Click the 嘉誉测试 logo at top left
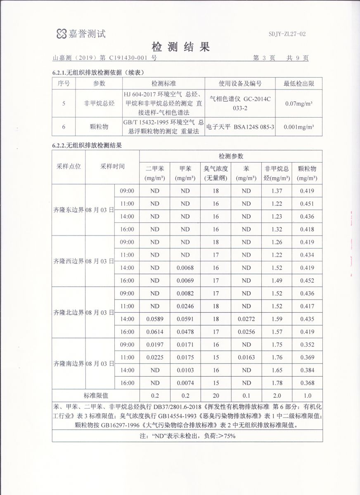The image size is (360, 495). click(x=81, y=33)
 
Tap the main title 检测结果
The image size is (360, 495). click(x=181, y=47)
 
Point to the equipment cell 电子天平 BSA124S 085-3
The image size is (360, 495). click(x=240, y=127)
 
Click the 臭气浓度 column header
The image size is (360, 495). click(x=216, y=173)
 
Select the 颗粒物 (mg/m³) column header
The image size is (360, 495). click(x=306, y=173)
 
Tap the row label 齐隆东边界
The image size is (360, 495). click(x=69, y=210)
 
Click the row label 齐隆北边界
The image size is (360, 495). click(x=69, y=312)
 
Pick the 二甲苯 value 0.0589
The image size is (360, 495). click(x=154, y=319)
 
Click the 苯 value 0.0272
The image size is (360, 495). click(x=246, y=319)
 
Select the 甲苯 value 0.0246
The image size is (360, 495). click(x=185, y=306)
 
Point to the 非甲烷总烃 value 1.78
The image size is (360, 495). click(x=277, y=383)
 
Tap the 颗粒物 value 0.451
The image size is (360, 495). click(x=307, y=203)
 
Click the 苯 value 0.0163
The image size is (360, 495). click(x=246, y=357)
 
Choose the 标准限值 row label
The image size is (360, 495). click(x=96, y=395)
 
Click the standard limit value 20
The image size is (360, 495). click(x=216, y=395)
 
